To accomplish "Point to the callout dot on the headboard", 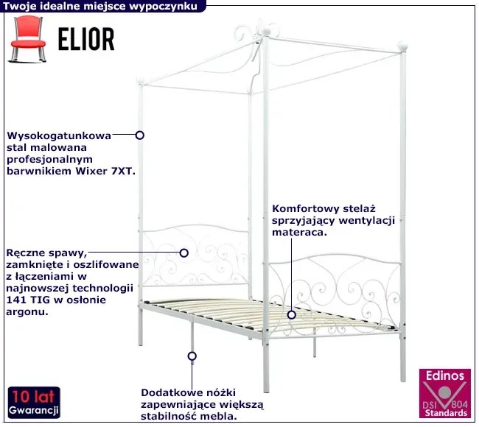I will (x=184, y=252).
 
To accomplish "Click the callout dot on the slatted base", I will (x=292, y=314).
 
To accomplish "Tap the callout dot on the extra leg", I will (x=192, y=356).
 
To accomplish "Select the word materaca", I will (x=299, y=231).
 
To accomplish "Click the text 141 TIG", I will (x=24, y=300).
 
